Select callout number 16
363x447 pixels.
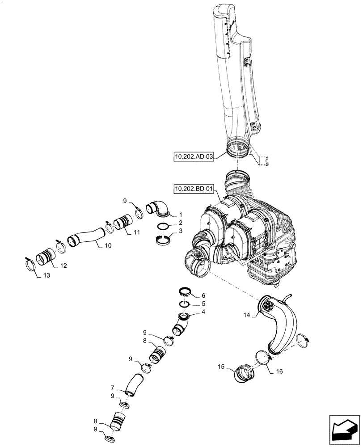tap(279, 371)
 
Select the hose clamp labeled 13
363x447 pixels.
tap(30, 265)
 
